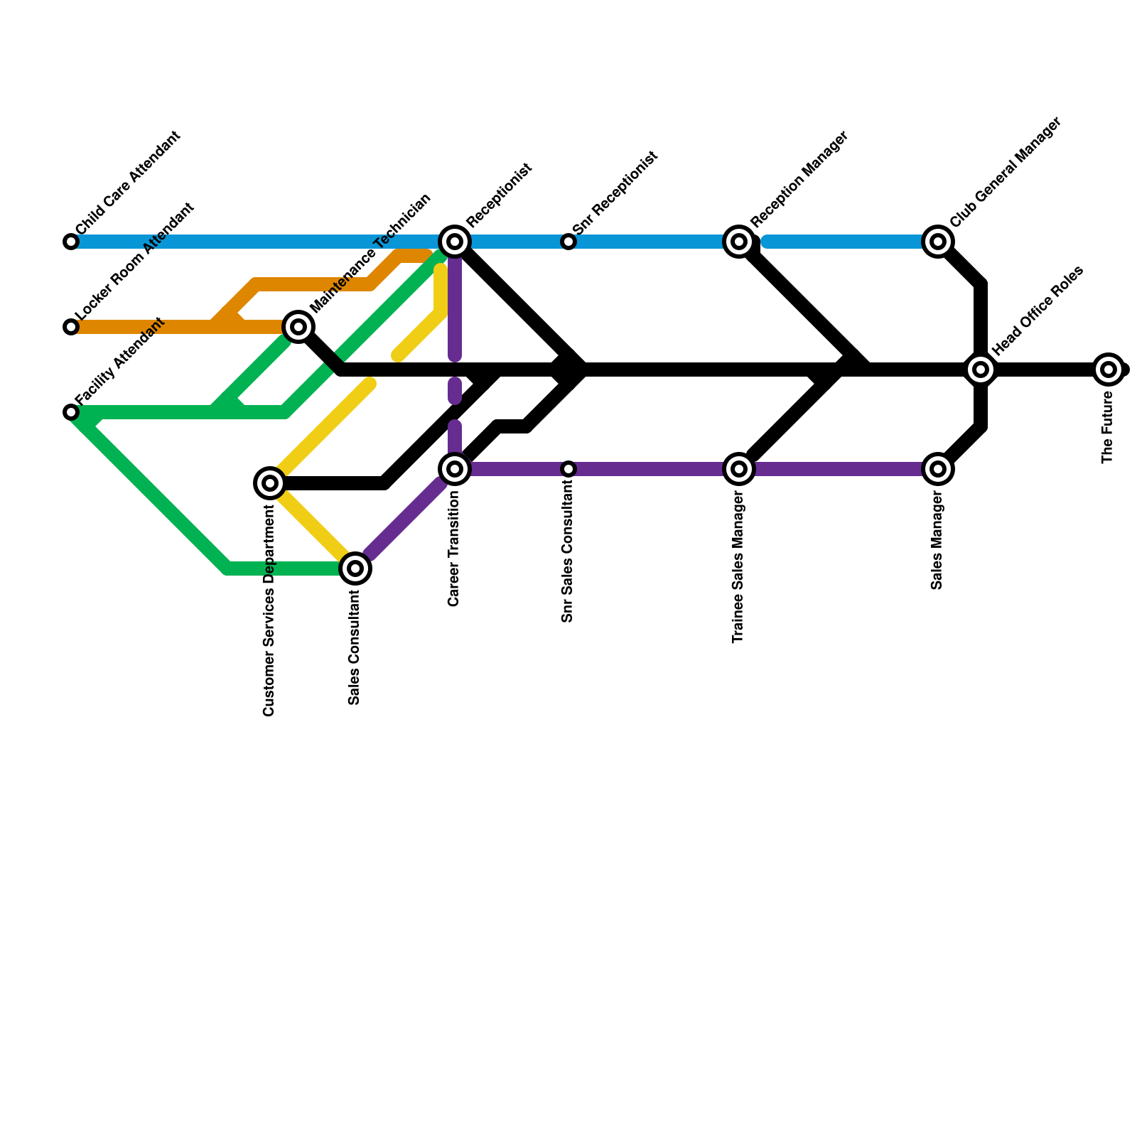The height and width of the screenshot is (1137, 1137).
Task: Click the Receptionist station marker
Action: coord(455,242)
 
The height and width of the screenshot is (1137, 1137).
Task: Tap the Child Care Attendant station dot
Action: coord(71,242)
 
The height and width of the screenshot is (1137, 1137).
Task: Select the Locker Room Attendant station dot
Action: coord(71,327)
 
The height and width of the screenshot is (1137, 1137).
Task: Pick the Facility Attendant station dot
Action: coord(71,412)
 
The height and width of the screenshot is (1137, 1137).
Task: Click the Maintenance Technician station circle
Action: coord(298,327)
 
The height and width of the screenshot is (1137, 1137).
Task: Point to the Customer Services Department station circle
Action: coord(270,483)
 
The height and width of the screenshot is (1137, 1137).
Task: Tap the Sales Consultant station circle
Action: coord(355,568)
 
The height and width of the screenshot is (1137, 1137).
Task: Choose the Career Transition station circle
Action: coord(455,469)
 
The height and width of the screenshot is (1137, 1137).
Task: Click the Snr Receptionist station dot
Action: coord(568,242)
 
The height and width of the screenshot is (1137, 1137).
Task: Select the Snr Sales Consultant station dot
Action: coord(568,469)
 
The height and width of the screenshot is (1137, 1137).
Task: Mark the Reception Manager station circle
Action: coord(739,242)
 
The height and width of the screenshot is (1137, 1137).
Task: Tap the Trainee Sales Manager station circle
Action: coord(739,469)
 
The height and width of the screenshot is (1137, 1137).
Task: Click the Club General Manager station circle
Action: coord(938,242)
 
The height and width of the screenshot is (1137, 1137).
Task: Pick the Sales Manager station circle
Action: coord(938,469)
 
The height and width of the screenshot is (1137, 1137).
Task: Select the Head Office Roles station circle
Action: coord(981,370)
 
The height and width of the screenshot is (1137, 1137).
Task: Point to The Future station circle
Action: coord(1109,370)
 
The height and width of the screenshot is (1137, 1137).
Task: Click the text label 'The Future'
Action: coord(1107,429)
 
